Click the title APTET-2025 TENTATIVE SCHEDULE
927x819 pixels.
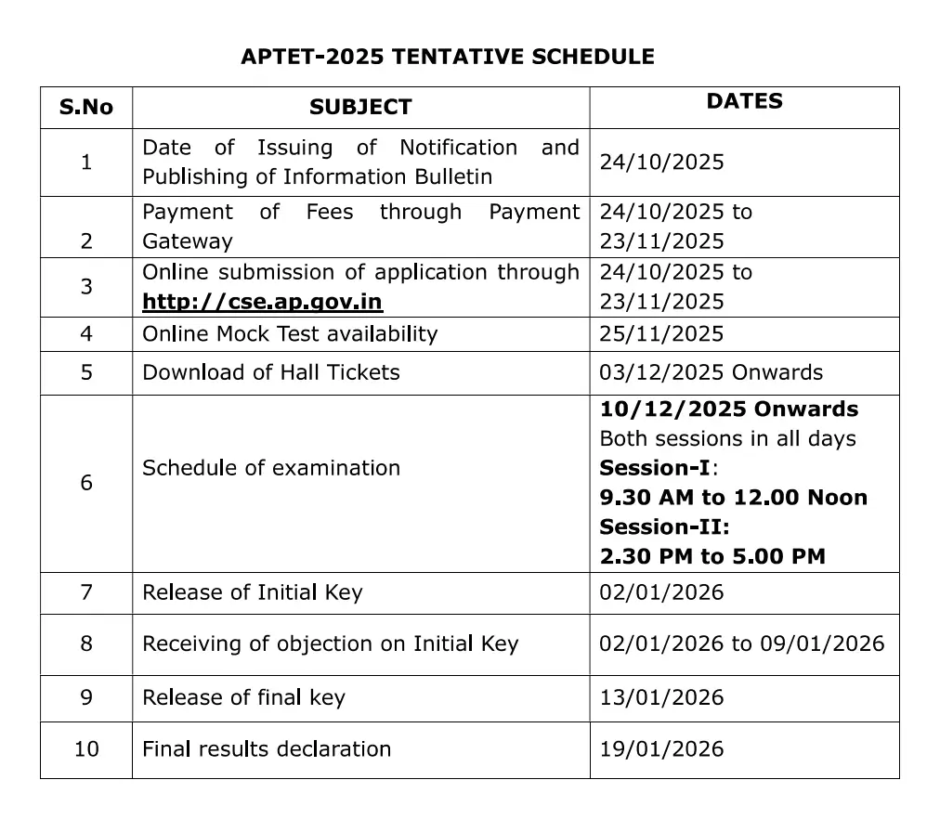coord(447,57)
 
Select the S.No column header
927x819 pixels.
coord(85,107)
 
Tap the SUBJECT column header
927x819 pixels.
coord(360,107)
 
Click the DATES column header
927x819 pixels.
coord(744,101)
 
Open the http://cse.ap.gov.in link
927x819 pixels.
coord(262,302)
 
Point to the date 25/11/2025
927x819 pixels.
coord(661,333)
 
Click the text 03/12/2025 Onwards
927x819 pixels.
coord(711,372)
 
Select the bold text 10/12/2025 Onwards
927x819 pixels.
coord(728,409)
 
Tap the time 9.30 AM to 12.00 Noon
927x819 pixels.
coord(733,498)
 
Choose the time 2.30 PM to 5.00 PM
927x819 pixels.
coord(712,556)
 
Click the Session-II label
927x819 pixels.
coord(664,526)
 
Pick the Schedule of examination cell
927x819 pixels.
coord(271,468)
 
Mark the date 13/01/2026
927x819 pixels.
coord(661,697)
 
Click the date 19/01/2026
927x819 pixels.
coord(661,748)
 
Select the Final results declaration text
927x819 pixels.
coord(267,748)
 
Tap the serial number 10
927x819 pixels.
coord(85,748)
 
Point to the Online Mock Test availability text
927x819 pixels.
coord(290,333)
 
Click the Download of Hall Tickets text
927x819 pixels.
coord(271,372)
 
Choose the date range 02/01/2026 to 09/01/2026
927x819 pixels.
coord(742,643)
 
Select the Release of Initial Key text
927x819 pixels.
coord(252,592)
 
